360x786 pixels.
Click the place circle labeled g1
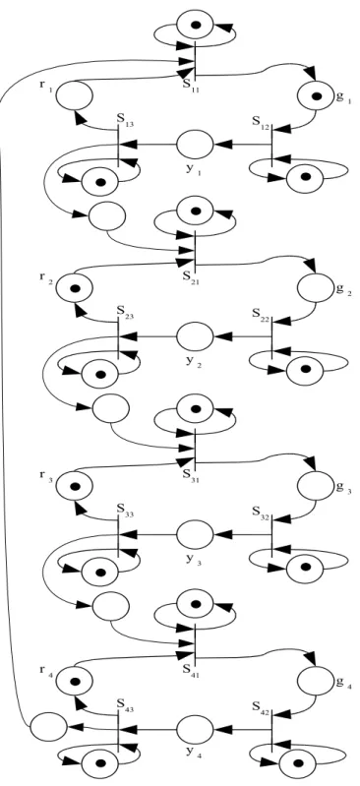point(316,96)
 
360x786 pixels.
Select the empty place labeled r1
point(74,95)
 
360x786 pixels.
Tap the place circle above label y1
point(195,145)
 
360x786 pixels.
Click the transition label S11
point(191,85)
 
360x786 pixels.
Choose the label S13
point(125,122)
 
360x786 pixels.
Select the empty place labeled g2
point(316,288)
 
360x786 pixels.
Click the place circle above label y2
point(195,336)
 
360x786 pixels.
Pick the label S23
point(125,313)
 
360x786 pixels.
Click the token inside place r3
point(75,486)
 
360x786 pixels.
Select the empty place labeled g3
point(316,486)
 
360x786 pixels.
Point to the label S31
point(191,474)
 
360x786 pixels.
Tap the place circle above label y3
point(195,534)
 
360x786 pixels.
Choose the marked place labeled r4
point(74,682)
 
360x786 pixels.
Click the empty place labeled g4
point(316,682)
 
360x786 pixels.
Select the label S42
point(262,706)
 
